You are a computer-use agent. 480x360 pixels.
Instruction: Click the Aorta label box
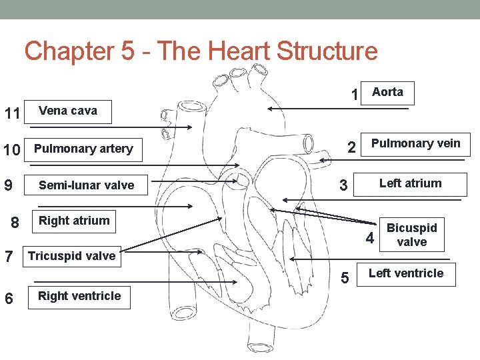pyautogui.click(x=387, y=93)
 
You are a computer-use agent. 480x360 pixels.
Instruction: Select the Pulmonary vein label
pyautogui.click(x=415, y=144)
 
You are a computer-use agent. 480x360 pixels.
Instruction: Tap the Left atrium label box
pyautogui.click(x=410, y=184)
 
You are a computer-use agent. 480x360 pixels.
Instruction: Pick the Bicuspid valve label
pyautogui.click(x=411, y=235)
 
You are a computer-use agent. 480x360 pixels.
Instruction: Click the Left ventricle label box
pyautogui.click(x=405, y=273)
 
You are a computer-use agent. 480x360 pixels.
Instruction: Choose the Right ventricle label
pyautogui.click(x=79, y=297)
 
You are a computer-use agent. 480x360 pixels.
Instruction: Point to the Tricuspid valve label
pyautogui.click(x=71, y=256)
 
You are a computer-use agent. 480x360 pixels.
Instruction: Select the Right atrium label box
pyautogui.click(x=74, y=221)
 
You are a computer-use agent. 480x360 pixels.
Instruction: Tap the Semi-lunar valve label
pyautogui.click(x=86, y=185)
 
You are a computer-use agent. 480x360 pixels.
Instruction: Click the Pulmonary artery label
pyautogui.click(x=83, y=149)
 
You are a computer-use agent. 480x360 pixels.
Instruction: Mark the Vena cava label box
pyautogui.click(x=67, y=111)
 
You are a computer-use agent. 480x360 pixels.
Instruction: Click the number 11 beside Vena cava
pyautogui.click(x=12, y=113)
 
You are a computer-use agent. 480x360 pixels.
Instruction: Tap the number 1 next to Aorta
pyautogui.click(x=355, y=95)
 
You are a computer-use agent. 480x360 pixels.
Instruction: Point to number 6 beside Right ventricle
pyautogui.click(x=9, y=299)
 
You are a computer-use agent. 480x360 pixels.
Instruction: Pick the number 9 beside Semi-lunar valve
pyautogui.click(x=8, y=185)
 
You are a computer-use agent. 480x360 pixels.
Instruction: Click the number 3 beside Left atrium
pyautogui.click(x=343, y=186)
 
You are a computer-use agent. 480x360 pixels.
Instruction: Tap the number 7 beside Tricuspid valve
pyautogui.click(x=9, y=256)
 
